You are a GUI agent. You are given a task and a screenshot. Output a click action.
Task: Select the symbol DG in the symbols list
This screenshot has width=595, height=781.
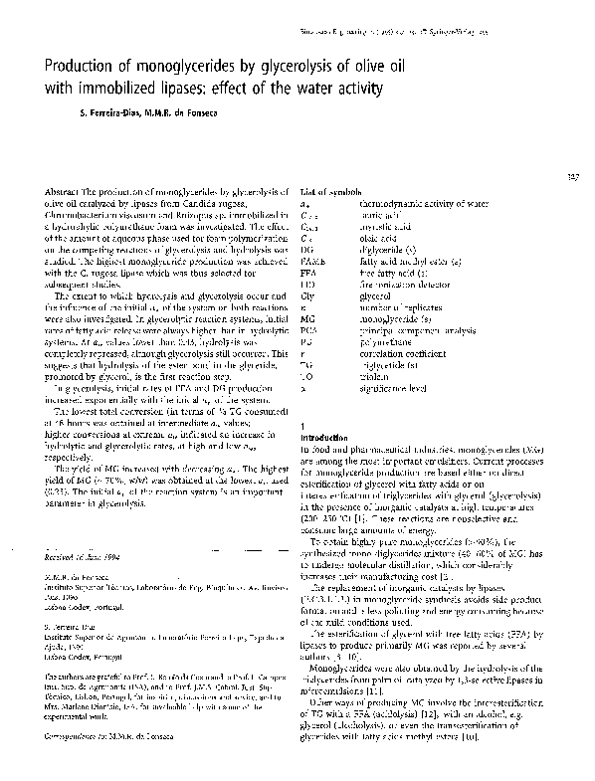point(305,244)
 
